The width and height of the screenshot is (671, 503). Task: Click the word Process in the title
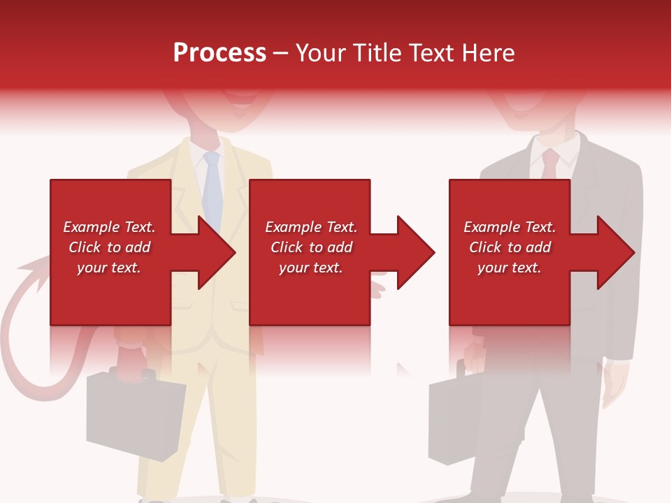pyautogui.click(x=219, y=53)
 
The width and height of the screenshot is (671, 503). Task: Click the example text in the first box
pyautogui.click(x=110, y=247)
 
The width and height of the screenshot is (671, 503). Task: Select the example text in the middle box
pyautogui.click(x=311, y=247)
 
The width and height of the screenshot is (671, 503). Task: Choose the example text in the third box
pyautogui.click(x=510, y=247)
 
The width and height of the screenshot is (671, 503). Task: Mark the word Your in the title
pyautogui.click(x=322, y=53)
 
